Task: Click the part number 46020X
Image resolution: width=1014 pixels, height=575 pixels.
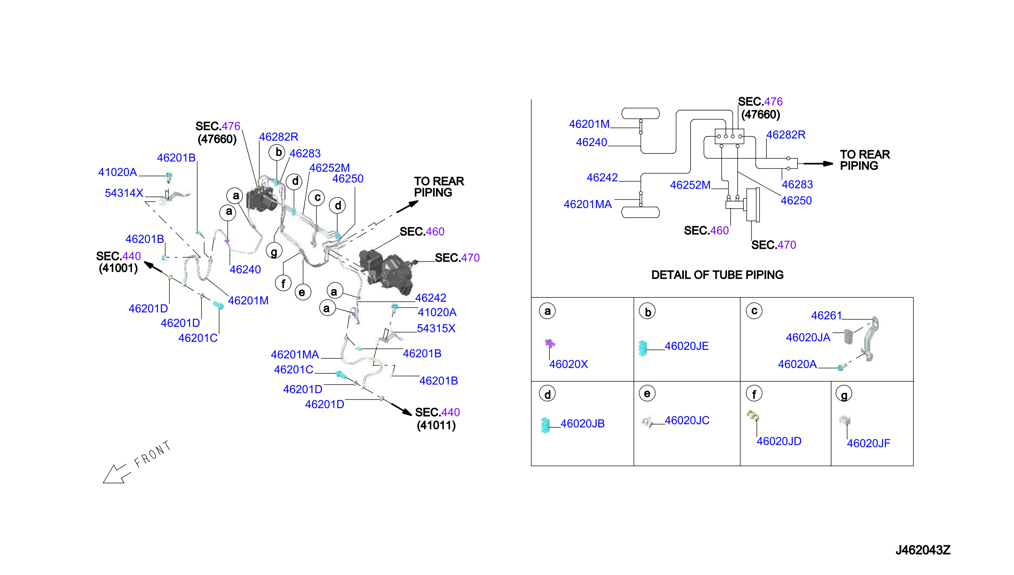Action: pos(568,364)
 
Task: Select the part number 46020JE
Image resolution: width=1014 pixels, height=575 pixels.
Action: pos(686,346)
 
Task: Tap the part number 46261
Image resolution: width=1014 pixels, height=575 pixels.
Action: pos(826,315)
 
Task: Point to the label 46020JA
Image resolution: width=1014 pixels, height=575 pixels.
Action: pos(808,337)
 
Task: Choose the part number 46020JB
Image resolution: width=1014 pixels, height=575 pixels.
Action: pos(582,424)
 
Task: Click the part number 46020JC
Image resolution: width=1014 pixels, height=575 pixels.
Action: pos(687,420)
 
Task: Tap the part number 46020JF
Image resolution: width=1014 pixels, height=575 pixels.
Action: pos(868,444)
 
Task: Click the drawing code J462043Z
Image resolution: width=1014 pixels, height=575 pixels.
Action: pos(923,550)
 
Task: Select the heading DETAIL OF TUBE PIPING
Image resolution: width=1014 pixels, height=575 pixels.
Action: pos(717,275)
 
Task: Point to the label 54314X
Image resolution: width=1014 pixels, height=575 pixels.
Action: pos(124,193)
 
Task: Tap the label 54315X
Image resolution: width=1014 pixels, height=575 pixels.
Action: pos(436,329)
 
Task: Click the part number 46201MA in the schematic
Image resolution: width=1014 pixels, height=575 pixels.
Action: pos(587,204)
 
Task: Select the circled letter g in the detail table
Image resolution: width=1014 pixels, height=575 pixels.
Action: pos(844,394)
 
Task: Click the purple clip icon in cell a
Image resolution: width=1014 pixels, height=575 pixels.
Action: pos(549,343)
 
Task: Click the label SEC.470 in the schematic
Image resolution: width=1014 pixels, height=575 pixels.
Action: pos(773,245)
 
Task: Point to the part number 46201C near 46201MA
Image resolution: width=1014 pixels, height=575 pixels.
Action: pos(293,370)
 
